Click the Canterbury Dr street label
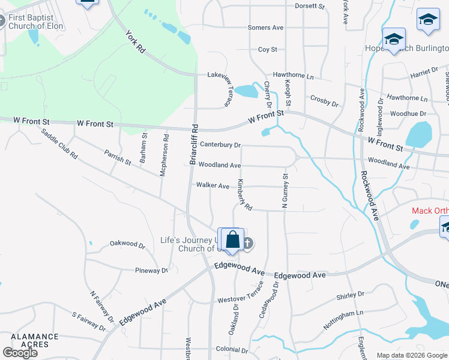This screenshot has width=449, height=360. [220, 145]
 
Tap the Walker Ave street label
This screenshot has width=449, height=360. [212, 186]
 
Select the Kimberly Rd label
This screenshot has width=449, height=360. [244, 194]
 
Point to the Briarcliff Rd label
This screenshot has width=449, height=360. [194, 145]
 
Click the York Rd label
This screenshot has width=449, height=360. [136, 40]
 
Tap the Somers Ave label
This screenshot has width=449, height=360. [265, 28]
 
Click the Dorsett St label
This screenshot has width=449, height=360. [309, 6]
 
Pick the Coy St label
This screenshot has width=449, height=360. [268, 49]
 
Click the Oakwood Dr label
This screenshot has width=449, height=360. [127, 245]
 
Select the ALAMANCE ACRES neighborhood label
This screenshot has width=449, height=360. [34, 341]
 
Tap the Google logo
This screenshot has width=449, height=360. [19, 352]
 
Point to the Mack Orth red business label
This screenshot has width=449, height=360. [430, 211]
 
